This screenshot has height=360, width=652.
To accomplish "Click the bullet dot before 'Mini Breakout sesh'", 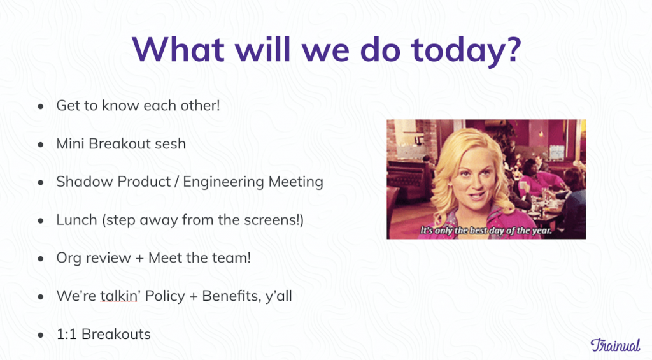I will (x=41, y=144).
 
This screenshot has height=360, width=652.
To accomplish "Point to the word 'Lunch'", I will (x=75, y=220).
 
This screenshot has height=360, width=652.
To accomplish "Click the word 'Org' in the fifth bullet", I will (x=68, y=258).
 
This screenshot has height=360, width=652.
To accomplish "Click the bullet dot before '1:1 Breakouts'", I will (x=41, y=335).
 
